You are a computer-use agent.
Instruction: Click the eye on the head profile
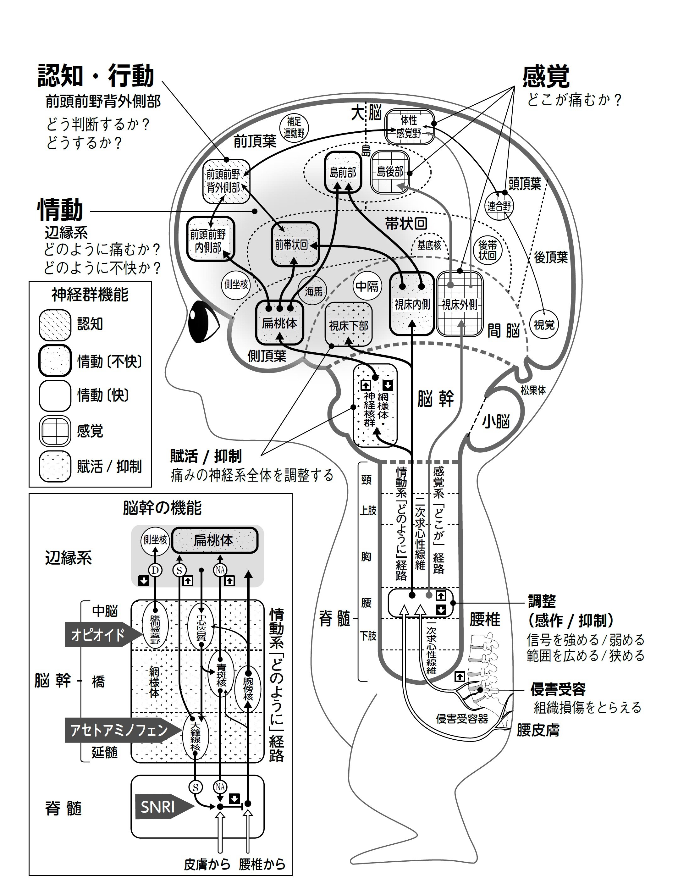click(x=204, y=322)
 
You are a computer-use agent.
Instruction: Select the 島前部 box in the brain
click(x=343, y=172)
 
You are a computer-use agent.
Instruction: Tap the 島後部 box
click(x=390, y=172)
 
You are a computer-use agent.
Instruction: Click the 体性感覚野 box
click(x=409, y=126)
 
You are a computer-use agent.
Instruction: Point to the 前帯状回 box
click(x=295, y=245)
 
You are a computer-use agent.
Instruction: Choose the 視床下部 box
click(x=348, y=325)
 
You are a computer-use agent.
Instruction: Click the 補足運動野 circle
click(x=294, y=127)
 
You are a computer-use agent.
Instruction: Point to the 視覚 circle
click(x=544, y=324)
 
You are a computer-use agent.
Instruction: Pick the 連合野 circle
click(x=499, y=206)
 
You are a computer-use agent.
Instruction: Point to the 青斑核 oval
click(x=221, y=674)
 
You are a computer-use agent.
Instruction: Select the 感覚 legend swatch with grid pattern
click(x=55, y=431)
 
